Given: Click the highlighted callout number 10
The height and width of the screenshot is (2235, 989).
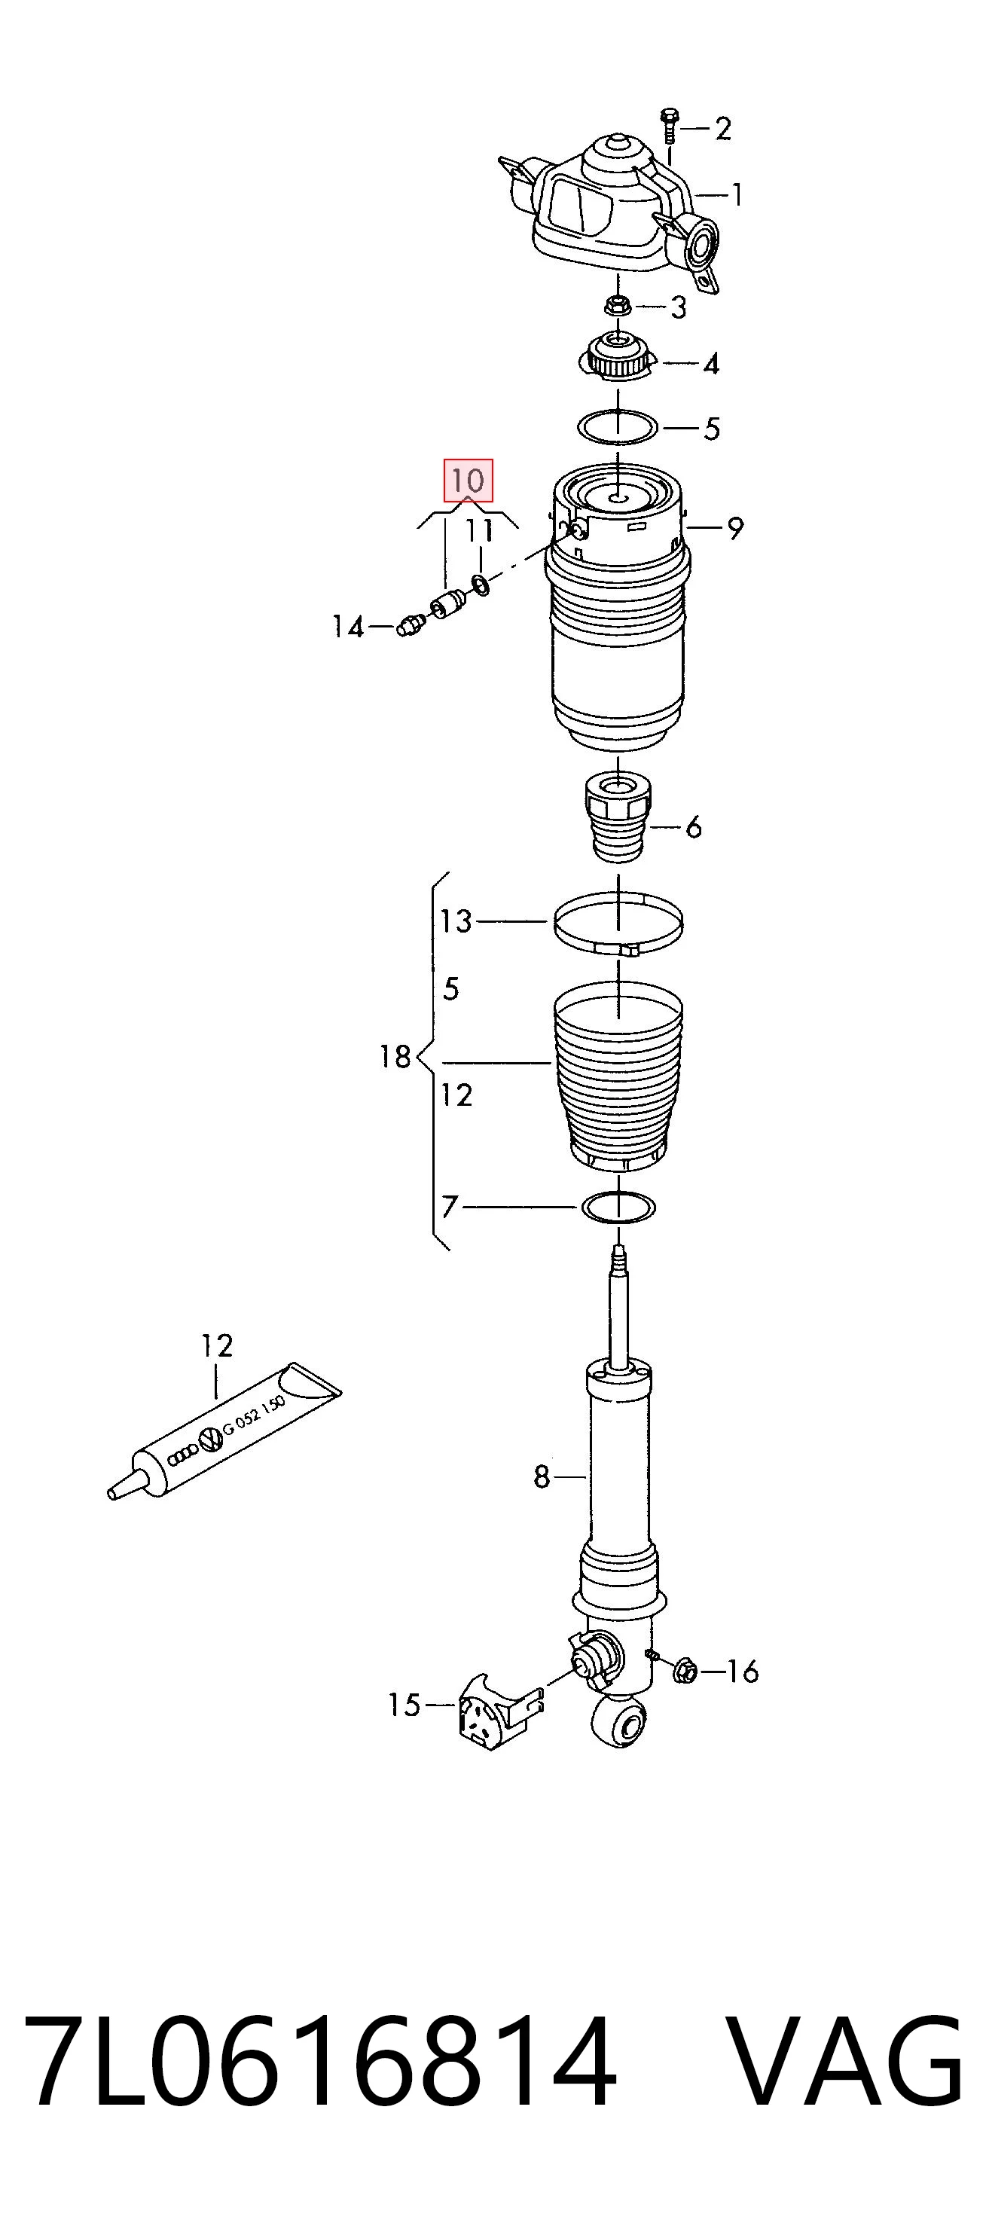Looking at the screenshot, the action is pos(469,480).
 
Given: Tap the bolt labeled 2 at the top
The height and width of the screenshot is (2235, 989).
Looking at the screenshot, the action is pos(669,127).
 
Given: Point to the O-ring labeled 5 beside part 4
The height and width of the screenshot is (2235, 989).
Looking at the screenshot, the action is pos(618,428).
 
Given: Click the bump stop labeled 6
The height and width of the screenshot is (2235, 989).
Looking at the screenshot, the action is pos(618,817).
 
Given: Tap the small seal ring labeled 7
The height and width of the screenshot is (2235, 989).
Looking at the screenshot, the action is pos(618,1207).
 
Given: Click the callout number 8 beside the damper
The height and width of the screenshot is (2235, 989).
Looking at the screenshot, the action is pos(542,1476).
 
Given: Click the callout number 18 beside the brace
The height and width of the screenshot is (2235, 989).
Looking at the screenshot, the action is pos(395,1057).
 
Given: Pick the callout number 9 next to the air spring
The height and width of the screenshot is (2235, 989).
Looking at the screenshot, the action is pos(736,527).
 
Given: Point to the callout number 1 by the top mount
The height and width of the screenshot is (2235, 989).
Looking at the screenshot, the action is pos(737,194).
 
